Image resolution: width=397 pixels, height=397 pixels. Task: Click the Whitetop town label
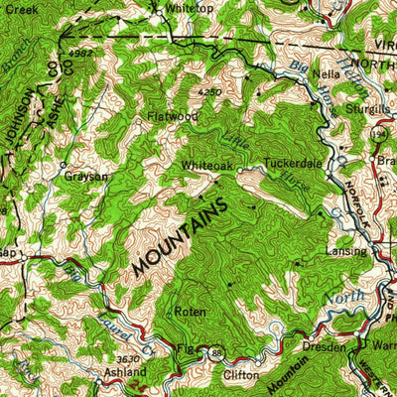pos(190,8)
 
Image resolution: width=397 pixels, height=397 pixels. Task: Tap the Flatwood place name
pos(174,116)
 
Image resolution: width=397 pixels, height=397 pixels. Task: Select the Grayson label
pos(86,176)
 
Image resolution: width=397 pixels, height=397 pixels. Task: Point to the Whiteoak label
pos(206,166)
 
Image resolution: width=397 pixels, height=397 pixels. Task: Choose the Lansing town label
pos(346,252)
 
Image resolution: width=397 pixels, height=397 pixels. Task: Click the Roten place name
pos(190,312)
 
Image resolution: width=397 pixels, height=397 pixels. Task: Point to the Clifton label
pos(240,376)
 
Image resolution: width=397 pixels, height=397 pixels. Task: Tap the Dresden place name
pos(325,347)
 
